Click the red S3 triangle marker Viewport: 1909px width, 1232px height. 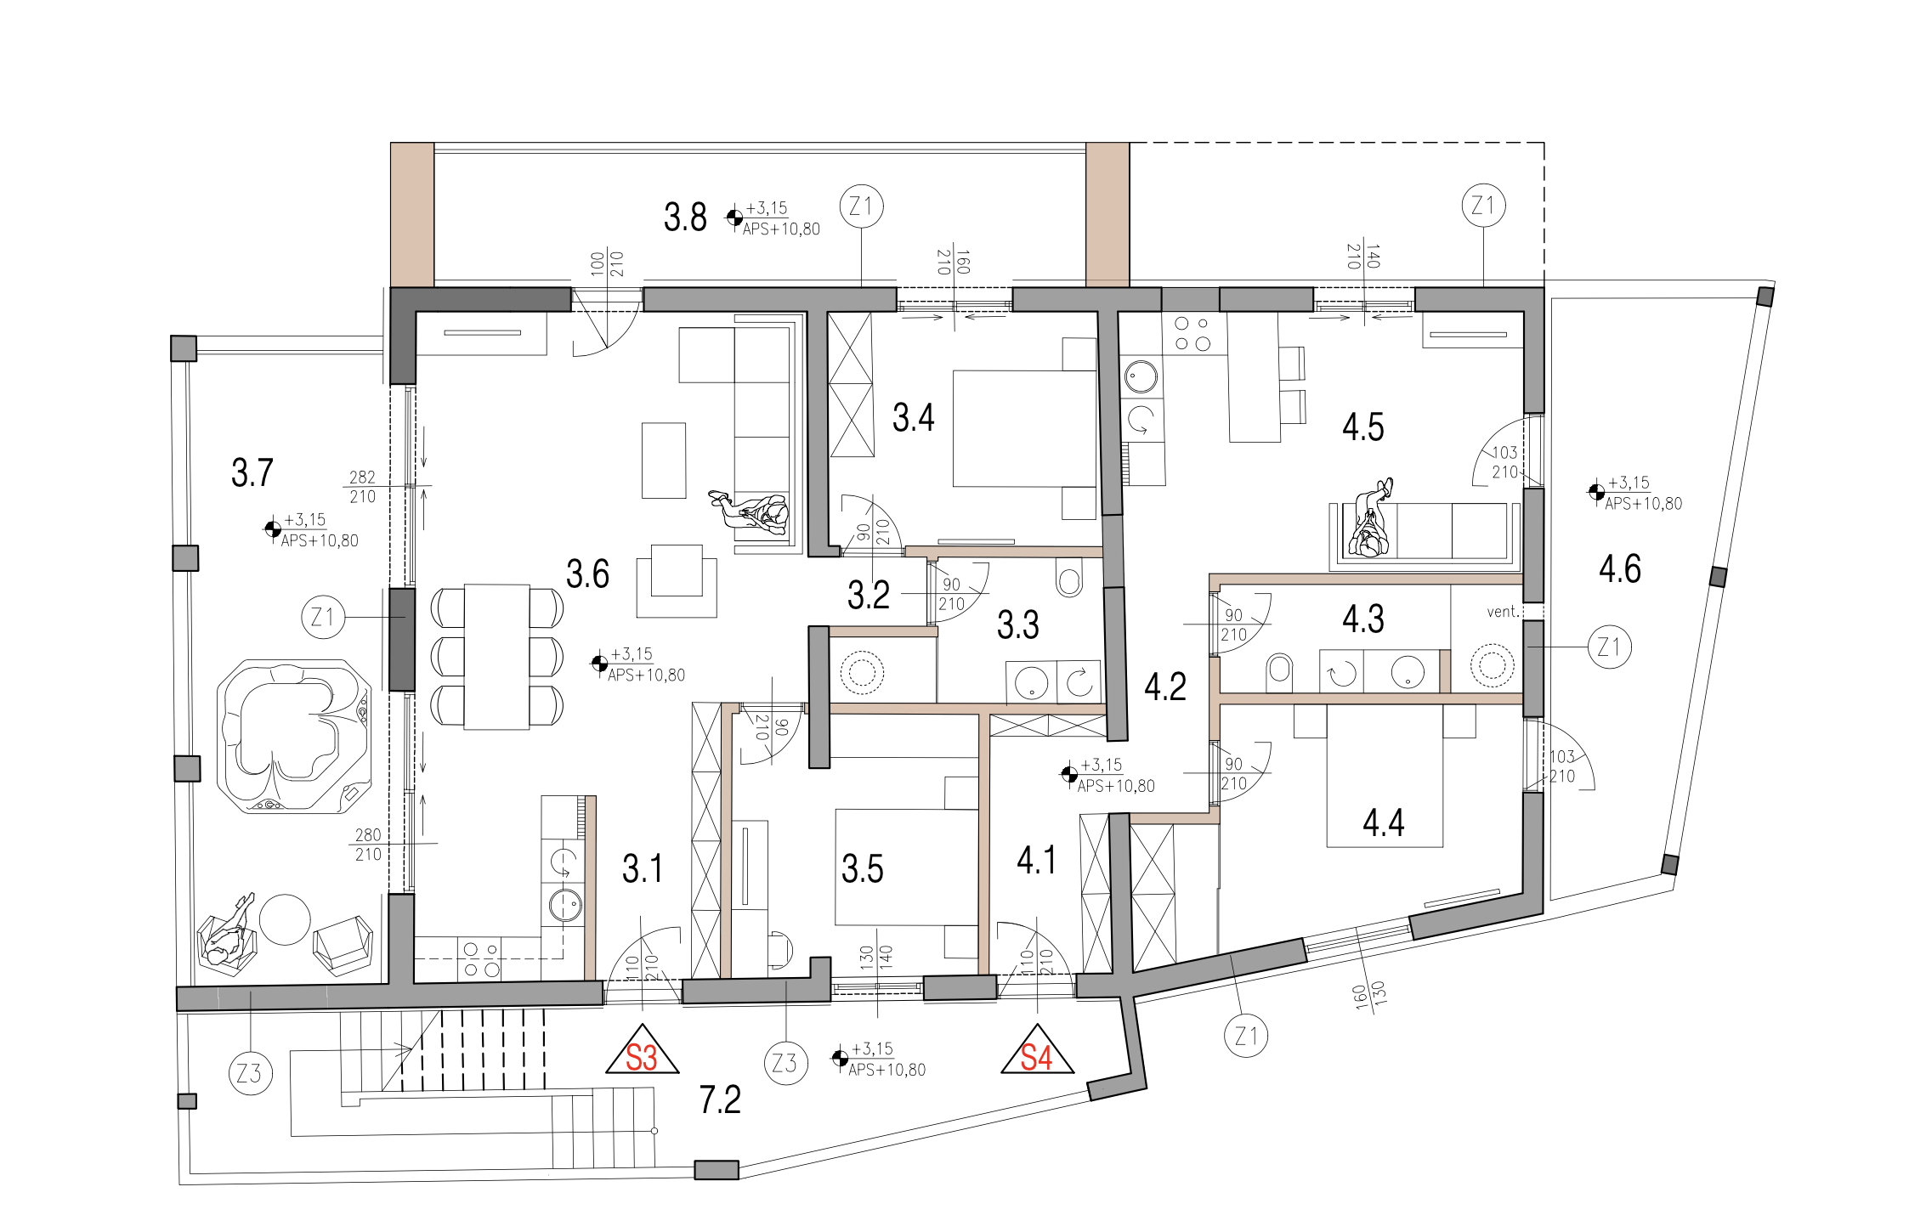(642, 1051)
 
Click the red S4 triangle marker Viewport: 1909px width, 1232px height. (1037, 1051)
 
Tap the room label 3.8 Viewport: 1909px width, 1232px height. (685, 218)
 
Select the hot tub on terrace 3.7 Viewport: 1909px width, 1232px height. (294, 737)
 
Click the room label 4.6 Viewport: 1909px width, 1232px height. (1620, 568)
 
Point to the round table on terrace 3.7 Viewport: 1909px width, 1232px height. (285, 919)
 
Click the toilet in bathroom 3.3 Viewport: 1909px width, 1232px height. (1069, 577)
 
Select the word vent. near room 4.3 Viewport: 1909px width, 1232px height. (1503, 612)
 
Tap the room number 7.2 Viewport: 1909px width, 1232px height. (720, 1099)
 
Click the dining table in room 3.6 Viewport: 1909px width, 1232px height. (497, 657)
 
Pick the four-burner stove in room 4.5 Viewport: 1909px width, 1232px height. (1193, 333)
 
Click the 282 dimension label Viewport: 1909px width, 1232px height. (362, 478)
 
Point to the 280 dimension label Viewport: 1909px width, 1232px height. (368, 835)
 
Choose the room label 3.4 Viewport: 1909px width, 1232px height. (913, 418)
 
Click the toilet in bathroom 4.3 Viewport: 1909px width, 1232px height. (1279, 673)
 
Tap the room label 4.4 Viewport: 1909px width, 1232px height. (1384, 822)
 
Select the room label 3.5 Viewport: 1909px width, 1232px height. (863, 869)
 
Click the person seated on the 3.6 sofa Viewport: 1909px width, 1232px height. (752, 512)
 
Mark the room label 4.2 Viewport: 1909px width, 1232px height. (1165, 687)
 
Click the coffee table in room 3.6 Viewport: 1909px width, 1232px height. (664, 461)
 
